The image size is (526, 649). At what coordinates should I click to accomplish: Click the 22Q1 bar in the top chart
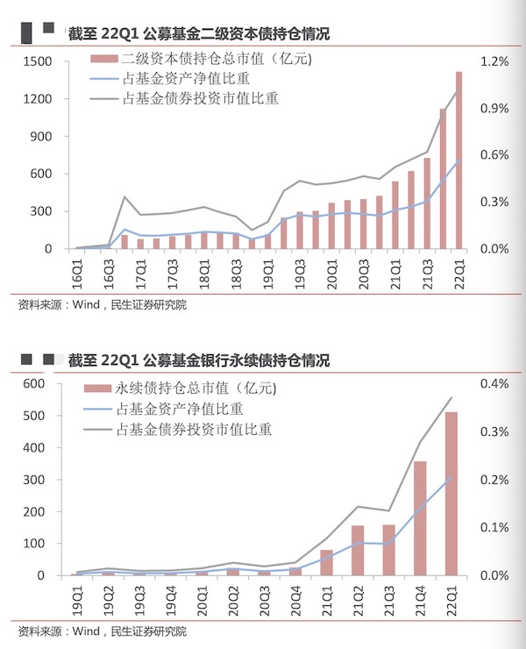[458, 160]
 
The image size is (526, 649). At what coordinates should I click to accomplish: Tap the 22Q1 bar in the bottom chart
[451, 494]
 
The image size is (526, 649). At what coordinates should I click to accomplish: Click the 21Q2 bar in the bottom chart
[358, 551]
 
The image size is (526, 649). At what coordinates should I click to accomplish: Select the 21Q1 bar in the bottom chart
[326, 563]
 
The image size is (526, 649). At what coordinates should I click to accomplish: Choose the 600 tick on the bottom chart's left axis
[34, 384]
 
